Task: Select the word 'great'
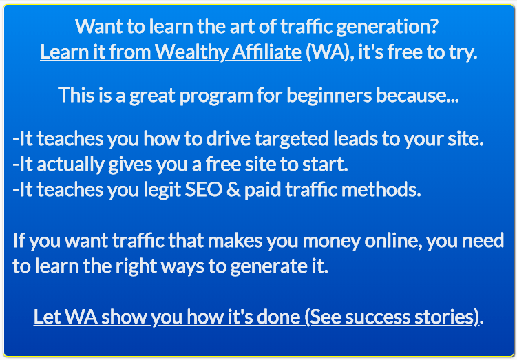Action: pos(152,96)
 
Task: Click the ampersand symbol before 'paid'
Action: pos(234,190)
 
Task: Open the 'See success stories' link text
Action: pos(392,317)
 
